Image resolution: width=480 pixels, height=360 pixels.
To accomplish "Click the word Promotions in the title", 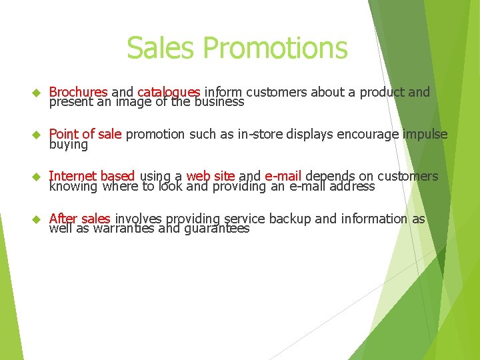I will (275, 48).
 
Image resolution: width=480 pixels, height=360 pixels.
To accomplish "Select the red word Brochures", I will (79, 92).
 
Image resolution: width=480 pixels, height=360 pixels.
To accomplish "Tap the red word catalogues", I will (169, 92).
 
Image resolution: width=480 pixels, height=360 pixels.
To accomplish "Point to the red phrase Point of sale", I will (85, 134).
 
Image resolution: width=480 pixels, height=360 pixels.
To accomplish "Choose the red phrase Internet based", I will (92, 176).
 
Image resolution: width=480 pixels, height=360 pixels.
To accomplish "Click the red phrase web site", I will (211, 176).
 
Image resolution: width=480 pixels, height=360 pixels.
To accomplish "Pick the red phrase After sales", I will (79, 218).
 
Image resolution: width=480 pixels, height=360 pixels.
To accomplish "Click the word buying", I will (68, 144).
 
